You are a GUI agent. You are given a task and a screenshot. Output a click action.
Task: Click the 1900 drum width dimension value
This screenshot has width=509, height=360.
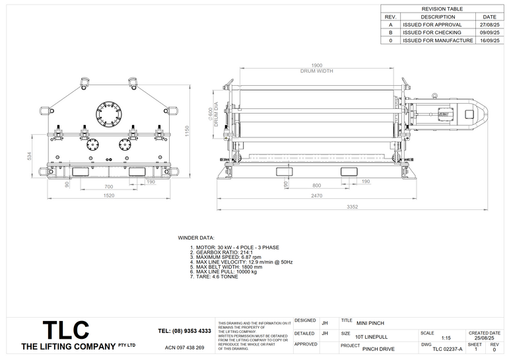(x=316, y=65)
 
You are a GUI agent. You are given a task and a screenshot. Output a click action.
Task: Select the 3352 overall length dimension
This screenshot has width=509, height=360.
(x=352, y=207)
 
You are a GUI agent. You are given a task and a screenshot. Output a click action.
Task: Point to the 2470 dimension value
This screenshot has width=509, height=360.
(x=316, y=196)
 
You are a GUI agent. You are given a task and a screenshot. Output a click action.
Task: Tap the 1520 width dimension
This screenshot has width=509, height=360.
(x=109, y=196)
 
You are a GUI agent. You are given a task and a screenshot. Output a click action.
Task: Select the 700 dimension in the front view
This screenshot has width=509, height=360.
(x=108, y=187)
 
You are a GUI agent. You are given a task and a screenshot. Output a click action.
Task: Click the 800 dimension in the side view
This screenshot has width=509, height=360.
(x=316, y=186)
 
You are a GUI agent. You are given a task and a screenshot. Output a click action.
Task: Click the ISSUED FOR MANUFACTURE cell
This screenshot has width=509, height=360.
(x=437, y=40)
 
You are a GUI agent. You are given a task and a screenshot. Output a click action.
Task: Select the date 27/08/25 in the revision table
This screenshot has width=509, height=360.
(x=489, y=24)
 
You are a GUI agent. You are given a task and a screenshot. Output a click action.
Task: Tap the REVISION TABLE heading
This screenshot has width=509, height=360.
(x=442, y=9)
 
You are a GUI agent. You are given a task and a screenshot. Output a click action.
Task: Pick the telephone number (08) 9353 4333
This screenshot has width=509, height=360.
(x=184, y=331)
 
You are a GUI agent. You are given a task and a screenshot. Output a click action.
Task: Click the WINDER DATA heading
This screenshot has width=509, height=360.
(x=196, y=237)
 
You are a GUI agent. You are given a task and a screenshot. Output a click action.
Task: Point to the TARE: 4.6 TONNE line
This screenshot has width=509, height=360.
(x=215, y=276)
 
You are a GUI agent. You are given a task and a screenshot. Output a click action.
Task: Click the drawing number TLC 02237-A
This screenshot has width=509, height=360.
(x=447, y=348)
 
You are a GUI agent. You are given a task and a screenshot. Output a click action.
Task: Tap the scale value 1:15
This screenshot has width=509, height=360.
(x=446, y=337)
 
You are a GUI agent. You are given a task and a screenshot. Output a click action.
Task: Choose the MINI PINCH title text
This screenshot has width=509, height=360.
(x=370, y=323)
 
